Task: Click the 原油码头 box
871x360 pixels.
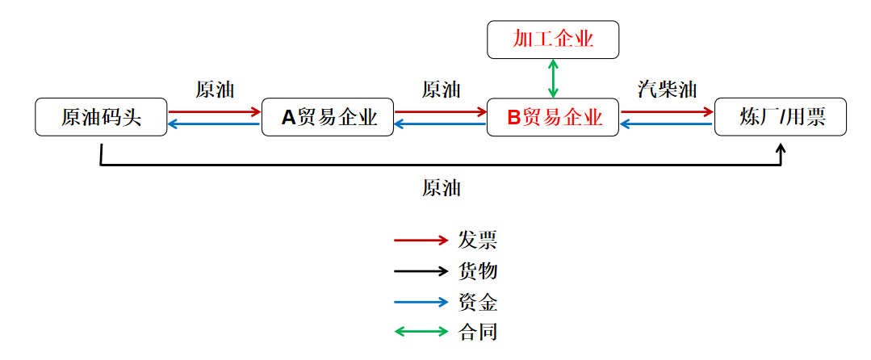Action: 101,118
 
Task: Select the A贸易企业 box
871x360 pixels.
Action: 329,118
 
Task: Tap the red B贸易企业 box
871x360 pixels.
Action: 553,118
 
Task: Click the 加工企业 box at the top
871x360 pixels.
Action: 553,40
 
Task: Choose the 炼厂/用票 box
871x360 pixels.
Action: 781,118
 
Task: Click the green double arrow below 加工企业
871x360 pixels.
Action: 553,79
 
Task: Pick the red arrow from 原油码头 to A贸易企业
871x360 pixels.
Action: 215,111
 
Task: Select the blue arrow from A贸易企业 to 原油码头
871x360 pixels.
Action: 215,124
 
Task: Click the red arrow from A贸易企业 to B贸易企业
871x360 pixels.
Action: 441,111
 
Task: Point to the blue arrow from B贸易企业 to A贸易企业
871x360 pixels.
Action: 441,124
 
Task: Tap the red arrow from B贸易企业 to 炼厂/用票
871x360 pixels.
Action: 668,111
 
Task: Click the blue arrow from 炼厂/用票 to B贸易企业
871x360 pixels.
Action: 668,124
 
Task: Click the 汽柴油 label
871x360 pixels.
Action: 667,90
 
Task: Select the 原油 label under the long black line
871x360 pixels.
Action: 441,188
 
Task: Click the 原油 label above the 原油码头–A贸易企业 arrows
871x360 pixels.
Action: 215,90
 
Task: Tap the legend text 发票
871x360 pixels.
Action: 478,240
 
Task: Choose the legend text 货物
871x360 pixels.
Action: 478,271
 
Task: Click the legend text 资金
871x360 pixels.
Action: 478,302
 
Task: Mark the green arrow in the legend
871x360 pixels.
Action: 421,331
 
